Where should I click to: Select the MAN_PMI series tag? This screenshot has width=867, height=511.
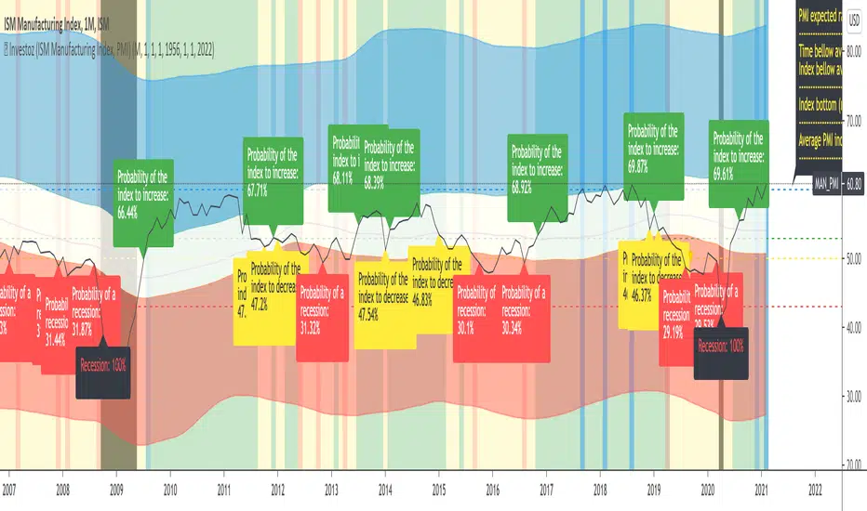(x=825, y=184)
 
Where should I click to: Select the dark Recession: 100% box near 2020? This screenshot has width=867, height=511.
(x=721, y=352)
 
